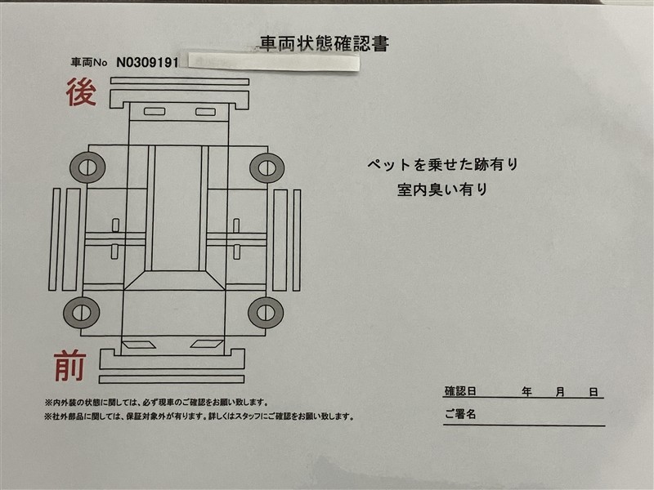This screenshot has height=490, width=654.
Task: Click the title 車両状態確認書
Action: [x=324, y=43]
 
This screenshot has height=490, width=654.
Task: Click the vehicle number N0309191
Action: [x=147, y=63]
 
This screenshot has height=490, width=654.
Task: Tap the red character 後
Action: [x=81, y=91]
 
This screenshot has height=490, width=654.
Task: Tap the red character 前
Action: [x=70, y=366]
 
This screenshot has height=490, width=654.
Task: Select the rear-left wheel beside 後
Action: [x=87, y=167]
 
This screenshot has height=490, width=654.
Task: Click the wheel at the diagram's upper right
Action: [x=267, y=168]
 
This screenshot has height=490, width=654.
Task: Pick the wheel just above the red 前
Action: [x=81, y=313]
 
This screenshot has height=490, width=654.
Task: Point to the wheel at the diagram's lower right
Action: [x=266, y=313]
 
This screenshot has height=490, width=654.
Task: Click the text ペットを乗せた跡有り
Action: [x=442, y=165]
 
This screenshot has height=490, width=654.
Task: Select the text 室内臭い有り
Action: [x=442, y=189]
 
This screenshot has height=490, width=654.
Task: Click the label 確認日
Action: [x=460, y=391]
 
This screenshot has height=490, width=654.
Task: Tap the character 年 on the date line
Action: [x=526, y=392]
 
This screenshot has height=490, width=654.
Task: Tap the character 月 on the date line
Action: [x=560, y=392]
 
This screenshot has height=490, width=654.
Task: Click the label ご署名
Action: [x=460, y=414]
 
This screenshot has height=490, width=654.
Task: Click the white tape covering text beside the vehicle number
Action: [x=273, y=63]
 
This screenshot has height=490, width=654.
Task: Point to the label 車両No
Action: [x=89, y=63]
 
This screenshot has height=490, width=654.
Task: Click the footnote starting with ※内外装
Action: [x=156, y=403]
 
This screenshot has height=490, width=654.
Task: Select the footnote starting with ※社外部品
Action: [x=199, y=416]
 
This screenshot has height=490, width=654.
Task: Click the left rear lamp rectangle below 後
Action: [x=155, y=111]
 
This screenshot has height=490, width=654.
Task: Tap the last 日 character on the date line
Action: [x=594, y=392]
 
